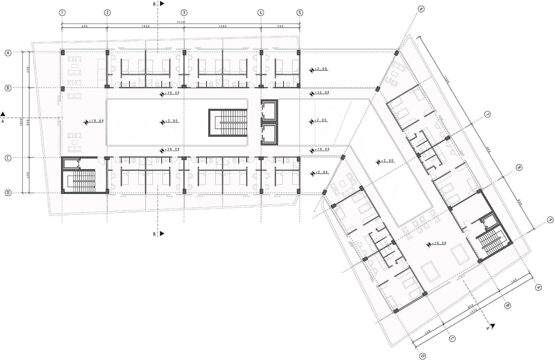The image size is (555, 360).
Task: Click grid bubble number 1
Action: [x=62, y=13]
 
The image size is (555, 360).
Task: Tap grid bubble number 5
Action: [x=300, y=13]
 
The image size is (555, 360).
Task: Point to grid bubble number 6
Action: [x=421, y=9]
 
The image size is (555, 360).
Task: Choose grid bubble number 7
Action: [x=487, y=115]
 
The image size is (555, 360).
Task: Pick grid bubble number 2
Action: [x=107, y=13]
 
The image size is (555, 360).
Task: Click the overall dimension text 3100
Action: [x=181, y=22]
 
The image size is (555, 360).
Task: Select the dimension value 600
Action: [x=85, y=26]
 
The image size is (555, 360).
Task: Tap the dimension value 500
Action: [x=280, y=26]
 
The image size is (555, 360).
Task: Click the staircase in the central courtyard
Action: [x=228, y=123]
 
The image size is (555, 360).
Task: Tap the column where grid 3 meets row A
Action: [x=184, y=52]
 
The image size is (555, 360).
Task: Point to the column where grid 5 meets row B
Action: [x=299, y=86]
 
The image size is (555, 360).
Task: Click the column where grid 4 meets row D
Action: [x=261, y=191]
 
